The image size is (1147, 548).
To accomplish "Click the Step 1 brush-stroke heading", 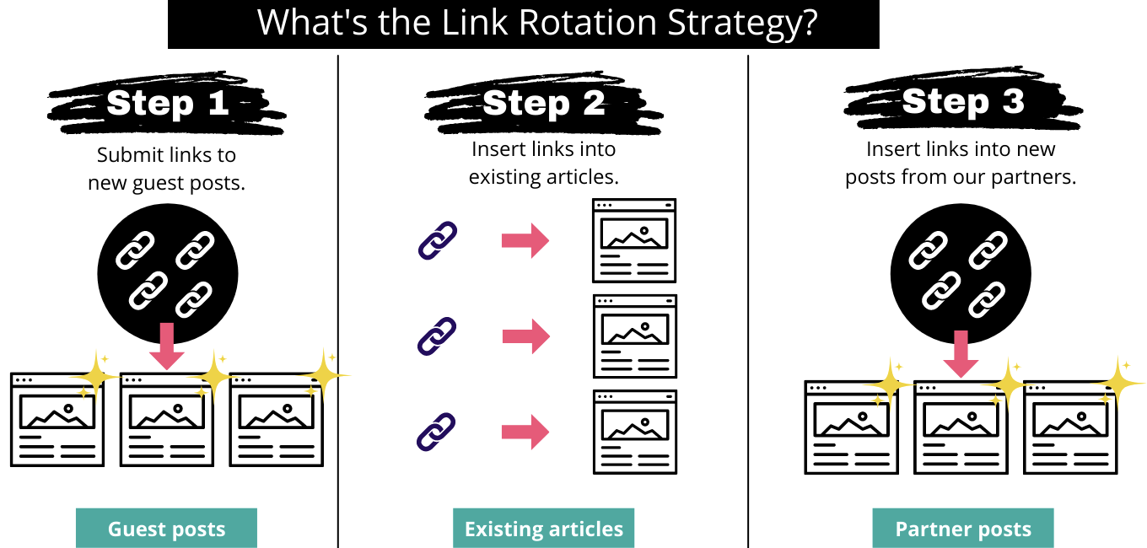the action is [x=167, y=103].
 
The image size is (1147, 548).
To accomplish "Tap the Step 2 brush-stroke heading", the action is [x=544, y=103].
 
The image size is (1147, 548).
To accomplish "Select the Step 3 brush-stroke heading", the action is [x=962, y=99].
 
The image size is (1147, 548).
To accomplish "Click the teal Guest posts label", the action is [x=166, y=528].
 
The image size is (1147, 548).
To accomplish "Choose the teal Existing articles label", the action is [x=544, y=528].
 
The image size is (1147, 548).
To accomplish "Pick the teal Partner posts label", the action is [x=963, y=528].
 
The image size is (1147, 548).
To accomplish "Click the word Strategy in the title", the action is [x=742, y=24].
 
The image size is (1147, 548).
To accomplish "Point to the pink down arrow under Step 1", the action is [x=167, y=347].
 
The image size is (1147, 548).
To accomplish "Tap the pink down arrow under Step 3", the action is [x=961, y=354].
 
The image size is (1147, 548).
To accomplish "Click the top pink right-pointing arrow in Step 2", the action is [x=525, y=240].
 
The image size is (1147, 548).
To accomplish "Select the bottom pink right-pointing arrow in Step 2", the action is [x=525, y=432].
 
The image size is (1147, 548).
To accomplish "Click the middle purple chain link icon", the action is [x=437, y=336].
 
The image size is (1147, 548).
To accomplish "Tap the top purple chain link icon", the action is [x=438, y=240].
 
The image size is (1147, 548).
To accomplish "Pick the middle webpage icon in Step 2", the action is [x=635, y=336].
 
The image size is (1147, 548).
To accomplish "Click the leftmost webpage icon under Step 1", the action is [x=57, y=420].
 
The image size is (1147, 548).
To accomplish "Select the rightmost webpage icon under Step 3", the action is [x=1070, y=427].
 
